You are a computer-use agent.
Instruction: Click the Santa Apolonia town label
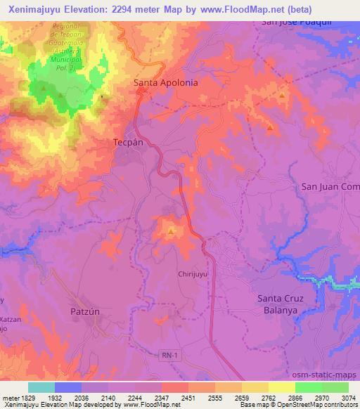(166, 82)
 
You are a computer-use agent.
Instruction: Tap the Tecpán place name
(128, 141)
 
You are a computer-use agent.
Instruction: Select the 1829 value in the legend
(20, 398)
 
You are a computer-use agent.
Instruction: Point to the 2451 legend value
(189, 398)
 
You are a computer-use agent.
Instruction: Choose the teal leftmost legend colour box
(41, 387)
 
